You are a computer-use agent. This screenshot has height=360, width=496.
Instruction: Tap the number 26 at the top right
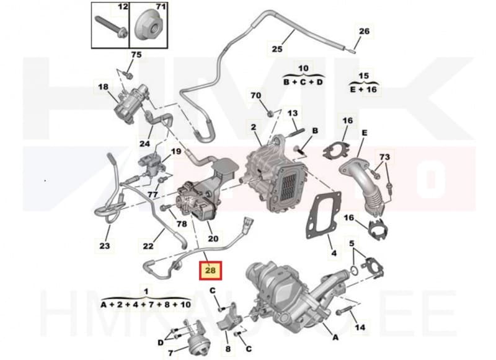point(364,31)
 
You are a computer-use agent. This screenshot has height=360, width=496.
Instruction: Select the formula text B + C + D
point(303,82)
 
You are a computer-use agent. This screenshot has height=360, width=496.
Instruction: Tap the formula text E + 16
point(365,89)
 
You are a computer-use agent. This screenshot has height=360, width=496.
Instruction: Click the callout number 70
point(255,96)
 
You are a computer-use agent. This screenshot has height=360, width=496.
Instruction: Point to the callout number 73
point(385,157)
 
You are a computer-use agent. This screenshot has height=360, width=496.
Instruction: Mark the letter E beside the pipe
point(364,133)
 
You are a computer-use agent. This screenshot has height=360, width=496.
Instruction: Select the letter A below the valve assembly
point(335,338)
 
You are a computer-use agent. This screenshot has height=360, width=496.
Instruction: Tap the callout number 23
point(105,246)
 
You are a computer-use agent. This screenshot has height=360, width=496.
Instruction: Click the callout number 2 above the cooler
point(253,128)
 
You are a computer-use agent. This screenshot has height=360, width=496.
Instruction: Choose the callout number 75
point(136,55)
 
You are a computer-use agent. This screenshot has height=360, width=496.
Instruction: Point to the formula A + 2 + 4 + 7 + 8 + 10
point(146,304)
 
